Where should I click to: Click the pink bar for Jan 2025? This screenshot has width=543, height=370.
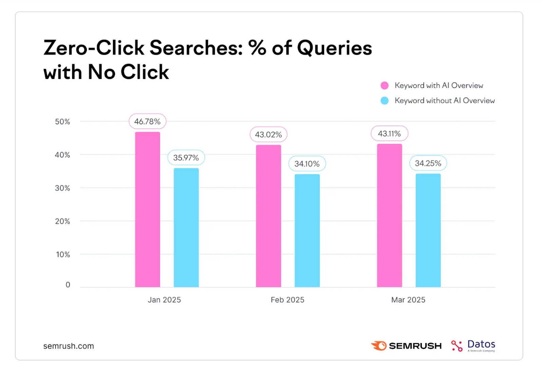[148, 209]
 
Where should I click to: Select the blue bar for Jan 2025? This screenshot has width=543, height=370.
[186, 228]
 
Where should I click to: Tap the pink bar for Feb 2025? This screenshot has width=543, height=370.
[268, 216]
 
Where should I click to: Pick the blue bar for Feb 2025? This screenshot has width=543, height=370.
[307, 231]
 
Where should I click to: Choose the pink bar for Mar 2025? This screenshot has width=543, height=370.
[390, 216]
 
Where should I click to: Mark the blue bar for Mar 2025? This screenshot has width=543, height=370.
[428, 230]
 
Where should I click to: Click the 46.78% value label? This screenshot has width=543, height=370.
[148, 121]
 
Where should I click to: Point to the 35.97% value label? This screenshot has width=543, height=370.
[186, 158]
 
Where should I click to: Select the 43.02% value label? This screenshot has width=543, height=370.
[268, 135]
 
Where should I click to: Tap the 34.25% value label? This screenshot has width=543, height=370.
[428, 163]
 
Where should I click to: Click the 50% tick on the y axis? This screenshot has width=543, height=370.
[62, 122]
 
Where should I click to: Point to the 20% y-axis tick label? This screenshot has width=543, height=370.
[62, 221]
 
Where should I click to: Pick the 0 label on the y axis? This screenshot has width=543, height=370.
[68, 285]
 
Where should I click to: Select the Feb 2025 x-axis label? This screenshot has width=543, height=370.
[287, 300]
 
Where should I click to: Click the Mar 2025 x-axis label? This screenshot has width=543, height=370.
[408, 300]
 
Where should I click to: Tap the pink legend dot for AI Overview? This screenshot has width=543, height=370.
[385, 85]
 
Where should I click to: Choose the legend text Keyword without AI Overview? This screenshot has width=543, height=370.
[445, 101]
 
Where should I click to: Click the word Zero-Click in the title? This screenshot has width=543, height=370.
[94, 48]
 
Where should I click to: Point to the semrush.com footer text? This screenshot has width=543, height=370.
[69, 346]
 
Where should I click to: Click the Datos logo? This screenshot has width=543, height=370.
[473, 346]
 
